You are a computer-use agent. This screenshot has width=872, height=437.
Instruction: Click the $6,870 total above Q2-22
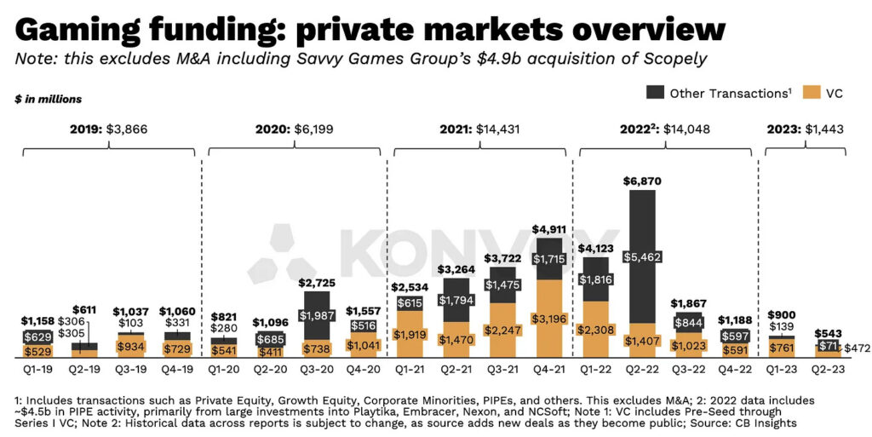[x=642, y=181]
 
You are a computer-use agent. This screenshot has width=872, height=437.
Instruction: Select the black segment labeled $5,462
[x=642, y=256]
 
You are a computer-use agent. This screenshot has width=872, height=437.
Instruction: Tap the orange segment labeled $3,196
[x=552, y=319]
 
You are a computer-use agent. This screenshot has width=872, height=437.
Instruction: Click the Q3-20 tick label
[x=316, y=371]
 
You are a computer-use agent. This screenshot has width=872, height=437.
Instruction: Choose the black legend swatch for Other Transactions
[x=654, y=93]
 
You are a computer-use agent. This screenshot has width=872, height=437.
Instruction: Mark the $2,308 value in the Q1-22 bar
[x=597, y=330]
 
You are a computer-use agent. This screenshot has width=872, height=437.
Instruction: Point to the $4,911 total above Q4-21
[x=552, y=230]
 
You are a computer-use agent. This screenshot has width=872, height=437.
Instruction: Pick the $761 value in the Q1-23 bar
[x=780, y=348]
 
